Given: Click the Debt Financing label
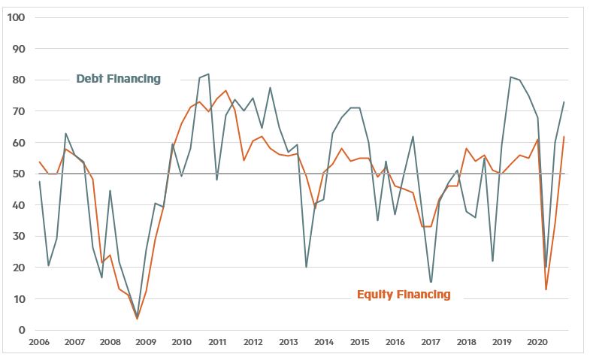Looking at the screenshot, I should [118, 79].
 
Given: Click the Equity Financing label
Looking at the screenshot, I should [404, 294].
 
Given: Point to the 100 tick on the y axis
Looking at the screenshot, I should [16, 17].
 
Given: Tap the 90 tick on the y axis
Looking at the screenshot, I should [18, 49].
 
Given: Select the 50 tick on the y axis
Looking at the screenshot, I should [18, 174].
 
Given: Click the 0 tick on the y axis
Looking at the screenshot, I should [21, 330].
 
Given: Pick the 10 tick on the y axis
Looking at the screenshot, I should [18, 299].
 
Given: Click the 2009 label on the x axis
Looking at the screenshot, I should [145, 343].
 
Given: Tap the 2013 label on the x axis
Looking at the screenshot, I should [288, 343].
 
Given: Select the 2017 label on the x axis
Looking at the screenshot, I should [431, 343].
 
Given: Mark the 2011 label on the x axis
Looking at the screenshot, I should [216, 343].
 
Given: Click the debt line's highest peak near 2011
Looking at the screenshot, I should [208, 74].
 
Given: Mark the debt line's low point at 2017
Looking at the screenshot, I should [431, 283].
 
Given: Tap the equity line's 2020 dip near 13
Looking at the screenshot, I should [546, 289].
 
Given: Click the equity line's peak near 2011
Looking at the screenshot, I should [225, 90].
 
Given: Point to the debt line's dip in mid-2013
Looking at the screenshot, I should [306, 267].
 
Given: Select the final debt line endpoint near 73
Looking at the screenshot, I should [564, 102].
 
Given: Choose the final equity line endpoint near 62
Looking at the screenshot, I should [564, 136].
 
